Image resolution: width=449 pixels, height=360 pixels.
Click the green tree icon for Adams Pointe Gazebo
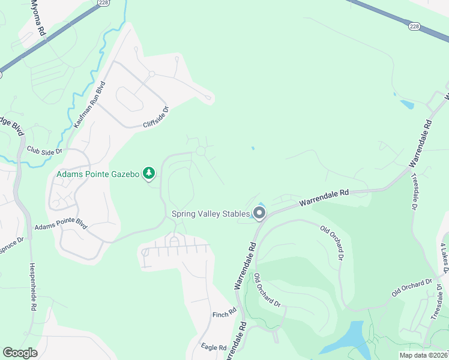pyautogui.click(x=149, y=174)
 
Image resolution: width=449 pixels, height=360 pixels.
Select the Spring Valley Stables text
pyautogui.click(x=211, y=214)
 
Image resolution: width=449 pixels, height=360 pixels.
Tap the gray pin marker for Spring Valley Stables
pyautogui.click(x=259, y=214)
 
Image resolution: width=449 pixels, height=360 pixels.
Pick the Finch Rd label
pyautogui.click(x=224, y=314)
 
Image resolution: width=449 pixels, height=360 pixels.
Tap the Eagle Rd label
pyautogui.click(x=214, y=347)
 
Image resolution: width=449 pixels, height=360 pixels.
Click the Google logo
pyautogui.click(x=20, y=353)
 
